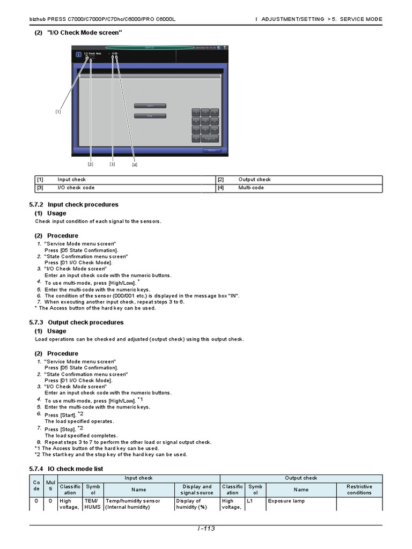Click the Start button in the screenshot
[150, 106]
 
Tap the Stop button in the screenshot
[150, 116]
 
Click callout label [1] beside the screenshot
[58, 112]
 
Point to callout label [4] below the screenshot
[135, 165]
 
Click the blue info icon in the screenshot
[78, 54]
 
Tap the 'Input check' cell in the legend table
[72, 180]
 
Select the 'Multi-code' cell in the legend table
[251, 188]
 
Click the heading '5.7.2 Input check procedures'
[73, 204]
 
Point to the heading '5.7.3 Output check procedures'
[76, 322]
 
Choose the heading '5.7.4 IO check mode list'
[66, 469]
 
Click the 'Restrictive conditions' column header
[359, 489]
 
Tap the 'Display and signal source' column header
[196, 489]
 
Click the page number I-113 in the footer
[206, 529]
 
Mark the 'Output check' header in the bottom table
[301, 478]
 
